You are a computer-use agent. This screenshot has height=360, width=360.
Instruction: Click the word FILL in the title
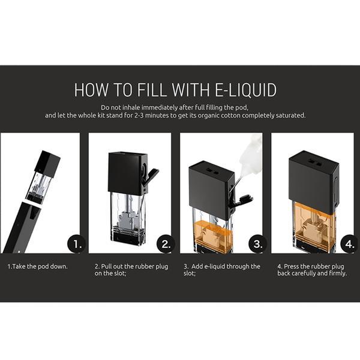pyautogui.click(x=152, y=89)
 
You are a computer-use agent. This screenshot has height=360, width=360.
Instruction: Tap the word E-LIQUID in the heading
pyautogui.click(x=245, y=89)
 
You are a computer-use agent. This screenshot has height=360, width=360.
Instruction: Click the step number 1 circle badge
pyautogui.click(x=76, y=244)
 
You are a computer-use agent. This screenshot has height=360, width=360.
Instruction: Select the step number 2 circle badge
pyautogui.click(x=166, y=244)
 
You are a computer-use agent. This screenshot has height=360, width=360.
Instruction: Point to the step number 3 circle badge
pyautogui.click(x=257, y=244)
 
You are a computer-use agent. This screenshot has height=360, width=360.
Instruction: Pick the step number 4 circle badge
pyautogui.click(x=349, y=244)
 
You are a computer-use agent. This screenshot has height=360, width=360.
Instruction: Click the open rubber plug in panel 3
pyautogui.click(x=244, y=200)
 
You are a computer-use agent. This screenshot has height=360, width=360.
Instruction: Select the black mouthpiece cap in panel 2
pyautogui.click(x=128, y=173)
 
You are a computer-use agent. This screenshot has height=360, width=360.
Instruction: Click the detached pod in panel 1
pyautogui.click(x=43, y=177)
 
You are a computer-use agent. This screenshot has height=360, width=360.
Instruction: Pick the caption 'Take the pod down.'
pyautogui.click(x=38, y=266)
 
